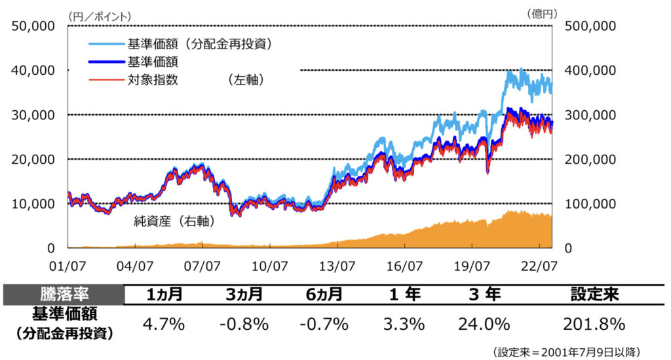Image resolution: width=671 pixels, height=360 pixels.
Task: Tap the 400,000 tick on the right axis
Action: click(590, 70)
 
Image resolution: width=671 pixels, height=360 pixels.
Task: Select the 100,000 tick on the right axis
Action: click(590, 203)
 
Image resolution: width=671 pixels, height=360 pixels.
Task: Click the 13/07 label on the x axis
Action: click(337, 266)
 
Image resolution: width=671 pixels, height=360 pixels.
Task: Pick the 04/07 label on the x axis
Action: click(135, 266)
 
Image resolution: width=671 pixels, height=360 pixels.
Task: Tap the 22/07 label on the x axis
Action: click(539, 266)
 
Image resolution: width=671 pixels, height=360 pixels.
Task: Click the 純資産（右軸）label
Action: click(174, 222)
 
